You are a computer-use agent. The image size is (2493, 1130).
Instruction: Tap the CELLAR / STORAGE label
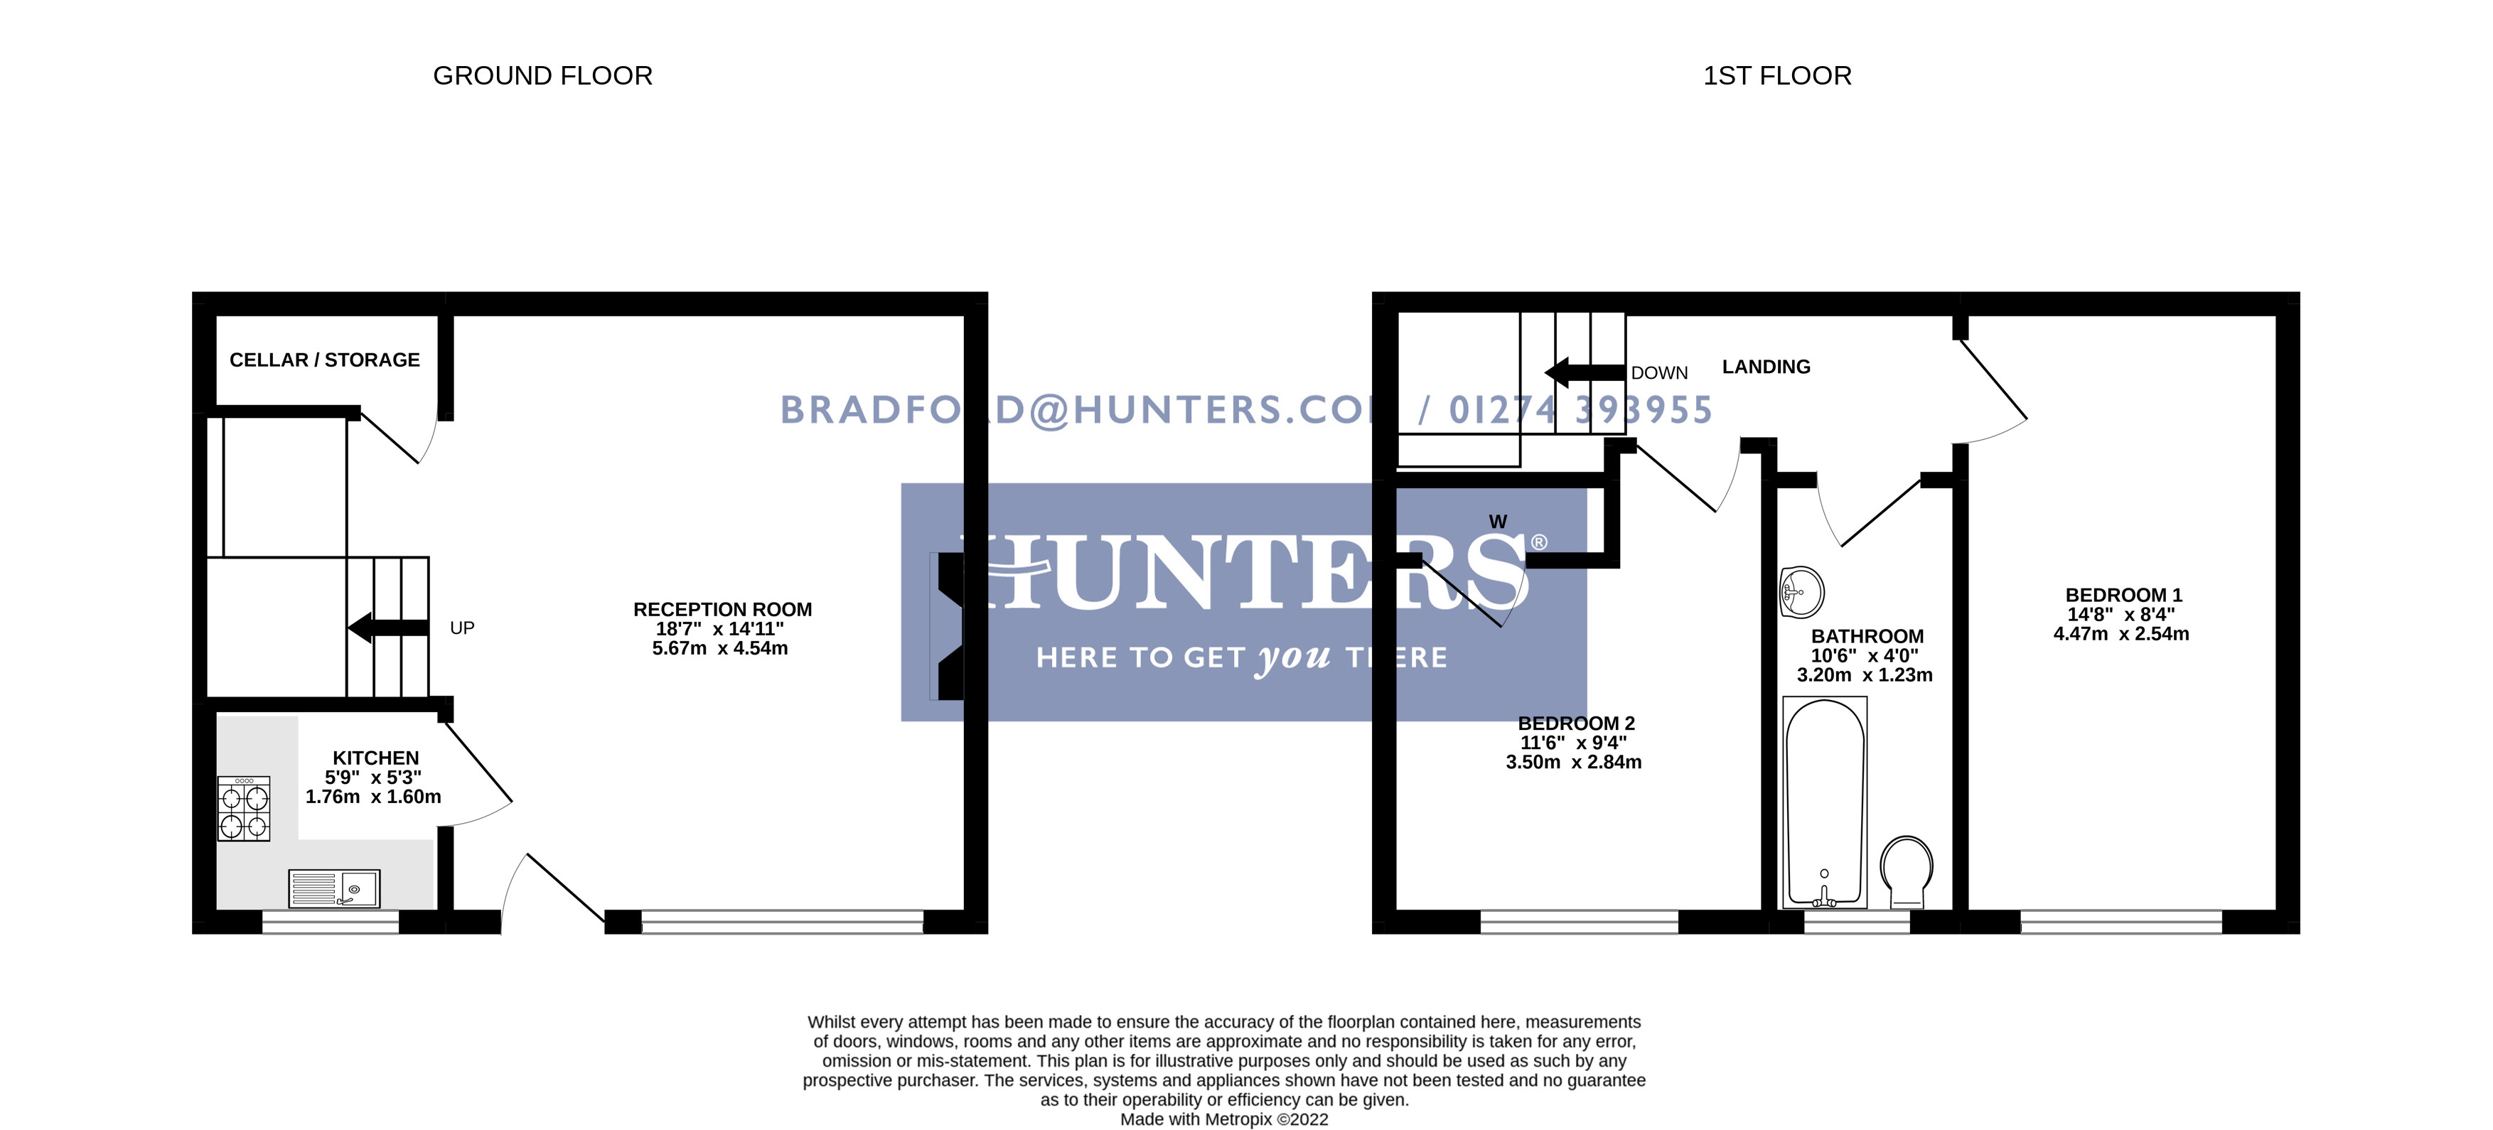click(324, 360)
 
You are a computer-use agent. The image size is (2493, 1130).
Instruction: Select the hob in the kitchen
click(244, 809)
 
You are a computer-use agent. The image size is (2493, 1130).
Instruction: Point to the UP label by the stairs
click(461, 628)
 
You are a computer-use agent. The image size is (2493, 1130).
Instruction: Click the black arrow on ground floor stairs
click(387, 628)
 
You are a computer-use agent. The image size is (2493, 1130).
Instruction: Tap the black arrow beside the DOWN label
click(1583, 372)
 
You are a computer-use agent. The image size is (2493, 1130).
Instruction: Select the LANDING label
click(1765, 367)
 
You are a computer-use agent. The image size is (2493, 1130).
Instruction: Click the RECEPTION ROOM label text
click(722, 610)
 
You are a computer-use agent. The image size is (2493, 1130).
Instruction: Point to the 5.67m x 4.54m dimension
click(719, 648)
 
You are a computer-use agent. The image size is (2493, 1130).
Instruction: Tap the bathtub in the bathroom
click(1824, 803)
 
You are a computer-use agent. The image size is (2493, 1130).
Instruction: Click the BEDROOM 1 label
click(2123, 595)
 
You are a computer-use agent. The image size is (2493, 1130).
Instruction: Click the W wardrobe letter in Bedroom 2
click(1497, 522)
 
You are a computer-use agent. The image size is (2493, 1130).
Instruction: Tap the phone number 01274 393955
click(1580, 410)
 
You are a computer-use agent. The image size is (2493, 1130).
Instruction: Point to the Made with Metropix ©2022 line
click(1223, 1119)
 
